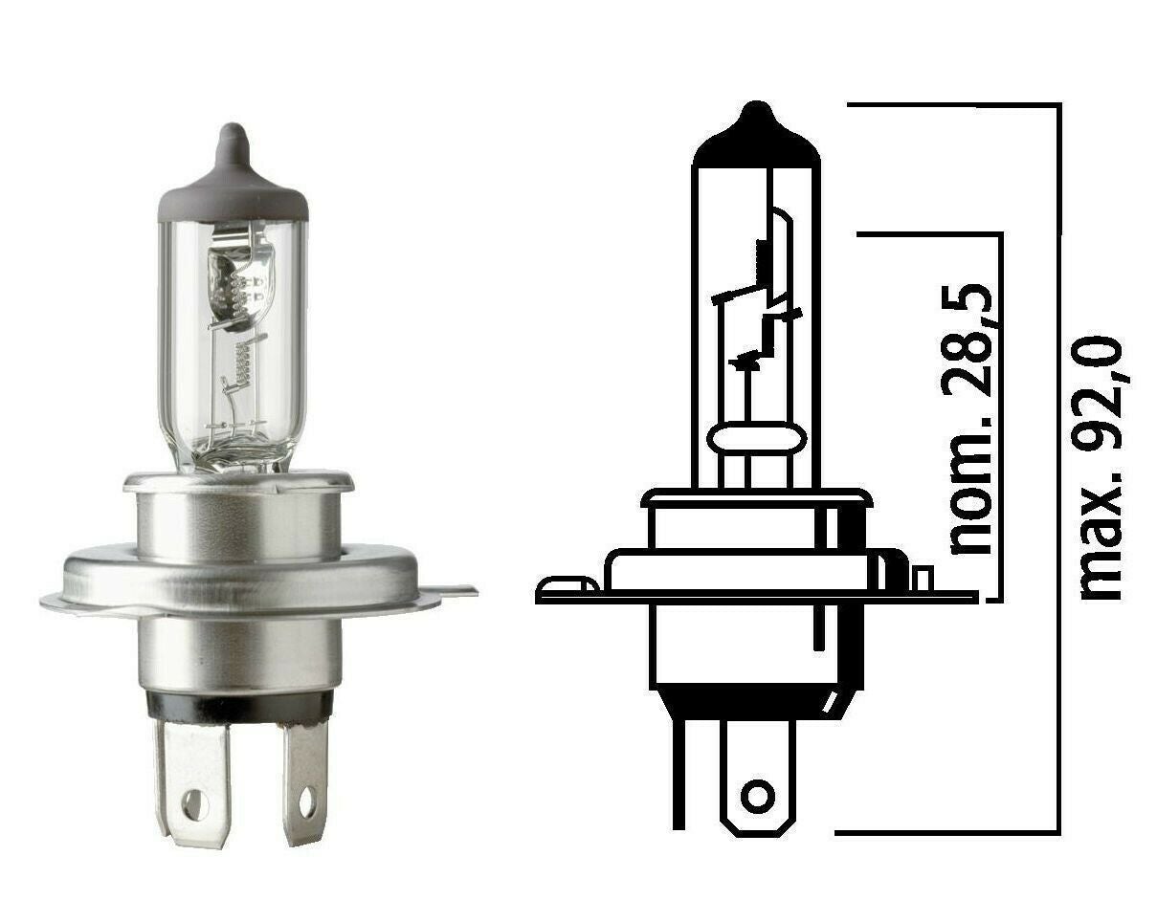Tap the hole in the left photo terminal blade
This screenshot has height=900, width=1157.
194,805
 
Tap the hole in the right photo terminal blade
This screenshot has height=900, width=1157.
307,801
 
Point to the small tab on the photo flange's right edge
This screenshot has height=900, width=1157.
457,591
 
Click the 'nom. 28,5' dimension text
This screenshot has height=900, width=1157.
969,417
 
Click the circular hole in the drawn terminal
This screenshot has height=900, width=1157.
759,796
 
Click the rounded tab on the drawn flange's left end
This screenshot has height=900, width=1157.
560,584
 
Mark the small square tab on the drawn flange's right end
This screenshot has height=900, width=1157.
922,579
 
